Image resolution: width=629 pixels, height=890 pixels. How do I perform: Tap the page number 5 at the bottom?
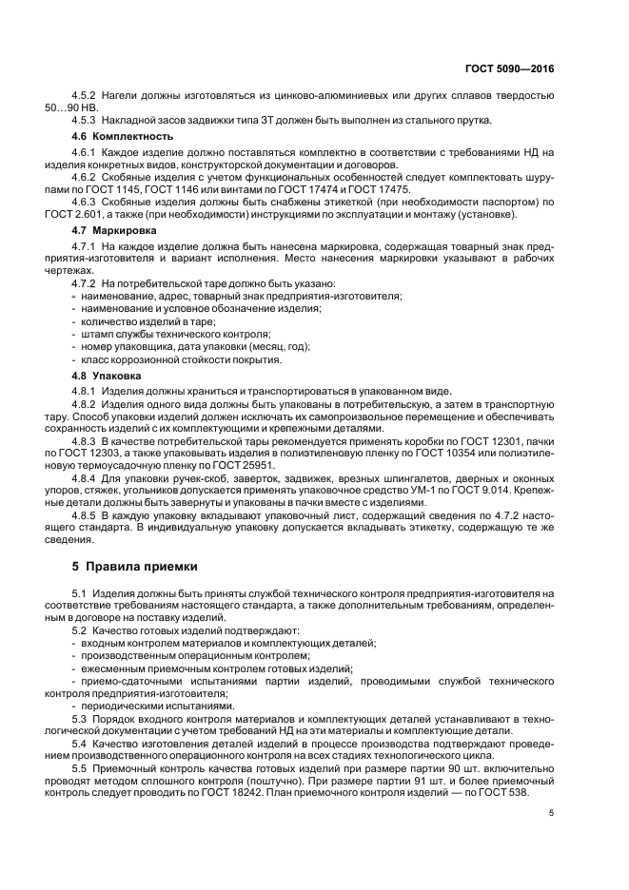point(552,812)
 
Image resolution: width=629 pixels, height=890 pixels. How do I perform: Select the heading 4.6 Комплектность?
point(111,137)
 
